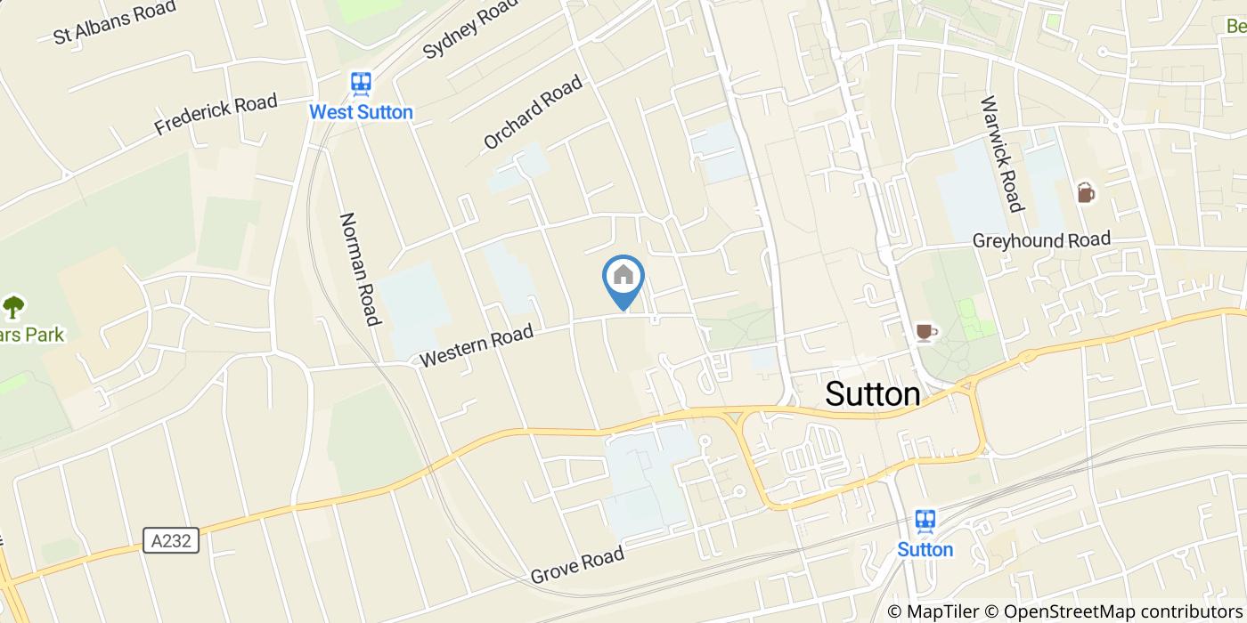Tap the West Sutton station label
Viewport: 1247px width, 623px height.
(x=361, y=112)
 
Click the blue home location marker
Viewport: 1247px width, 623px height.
(x=623, y=277)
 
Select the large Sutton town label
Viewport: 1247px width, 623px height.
(x=873, y=393)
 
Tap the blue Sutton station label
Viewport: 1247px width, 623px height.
(x=925, y=549)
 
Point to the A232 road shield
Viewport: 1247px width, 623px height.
(x=170, y=540)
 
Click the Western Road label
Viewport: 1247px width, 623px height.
(x=477, y=345)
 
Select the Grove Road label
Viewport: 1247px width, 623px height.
(x=577, y=566)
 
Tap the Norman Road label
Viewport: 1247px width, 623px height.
(x=361, y=269)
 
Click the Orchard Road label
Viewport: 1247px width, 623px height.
(x=533, y=113)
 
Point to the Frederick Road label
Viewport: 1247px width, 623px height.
(x=216, y=115)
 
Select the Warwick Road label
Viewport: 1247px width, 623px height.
(x=1000, y=154)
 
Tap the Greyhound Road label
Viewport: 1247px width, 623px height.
(x=1041, y=239)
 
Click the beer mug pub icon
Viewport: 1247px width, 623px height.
(x=1085, y=192)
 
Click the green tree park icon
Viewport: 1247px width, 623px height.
(x=13, y=307)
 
